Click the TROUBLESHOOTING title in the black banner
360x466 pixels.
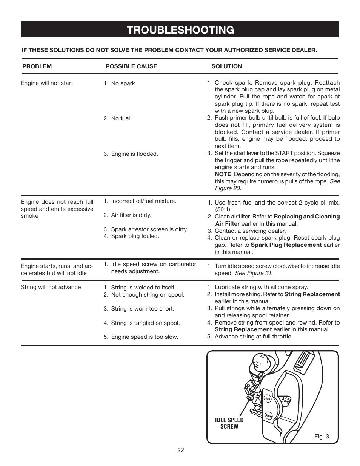point(180,30)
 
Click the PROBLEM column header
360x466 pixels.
point(37,66)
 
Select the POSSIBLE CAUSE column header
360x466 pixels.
point(131,66)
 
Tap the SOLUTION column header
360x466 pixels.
point(226,66)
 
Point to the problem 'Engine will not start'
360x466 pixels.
point(47,83)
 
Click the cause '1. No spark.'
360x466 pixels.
point(120,83)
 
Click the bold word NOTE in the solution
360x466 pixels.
point(223,174)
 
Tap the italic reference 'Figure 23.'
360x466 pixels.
point(228,188)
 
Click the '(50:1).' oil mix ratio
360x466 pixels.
point(223,209)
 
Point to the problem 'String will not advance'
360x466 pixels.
point(51,287)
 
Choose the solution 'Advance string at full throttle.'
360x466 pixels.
point(253,337)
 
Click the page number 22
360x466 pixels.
point(180,450)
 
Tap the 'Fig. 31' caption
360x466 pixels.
point(323,437)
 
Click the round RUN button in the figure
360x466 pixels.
point(267,398)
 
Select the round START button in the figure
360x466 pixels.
point(269,415)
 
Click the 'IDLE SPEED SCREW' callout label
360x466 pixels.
point(229,423)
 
